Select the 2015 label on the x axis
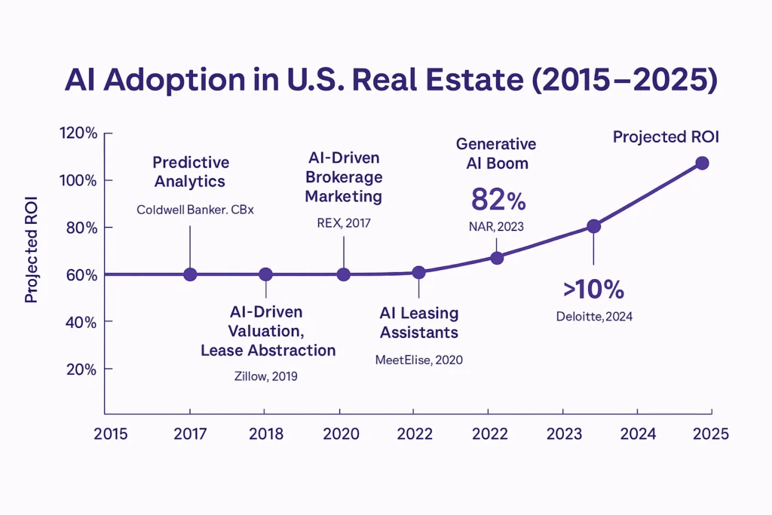110,435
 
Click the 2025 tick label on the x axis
711,435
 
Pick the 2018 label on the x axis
265,435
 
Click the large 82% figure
498,201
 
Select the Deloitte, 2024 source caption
593,317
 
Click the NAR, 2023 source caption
497,225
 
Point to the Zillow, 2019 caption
266,376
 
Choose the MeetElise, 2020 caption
418,360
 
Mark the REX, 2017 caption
344,223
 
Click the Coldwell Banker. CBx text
195,210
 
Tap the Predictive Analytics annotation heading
191,172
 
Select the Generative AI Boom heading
497,153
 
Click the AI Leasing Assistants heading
418,323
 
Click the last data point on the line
702,163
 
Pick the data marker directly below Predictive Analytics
190,274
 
